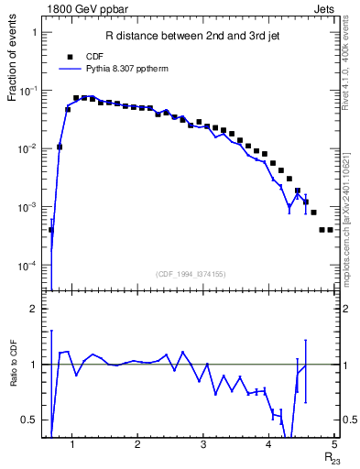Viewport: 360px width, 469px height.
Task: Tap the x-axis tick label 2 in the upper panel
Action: tap(136, 290)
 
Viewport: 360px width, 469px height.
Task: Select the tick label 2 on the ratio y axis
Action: tap(35, 310)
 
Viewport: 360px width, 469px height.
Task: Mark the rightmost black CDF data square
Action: tap(331, 229)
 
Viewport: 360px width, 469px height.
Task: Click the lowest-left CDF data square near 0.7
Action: tap(51, 230)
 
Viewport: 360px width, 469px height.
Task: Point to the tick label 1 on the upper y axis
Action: tap(35, 32)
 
